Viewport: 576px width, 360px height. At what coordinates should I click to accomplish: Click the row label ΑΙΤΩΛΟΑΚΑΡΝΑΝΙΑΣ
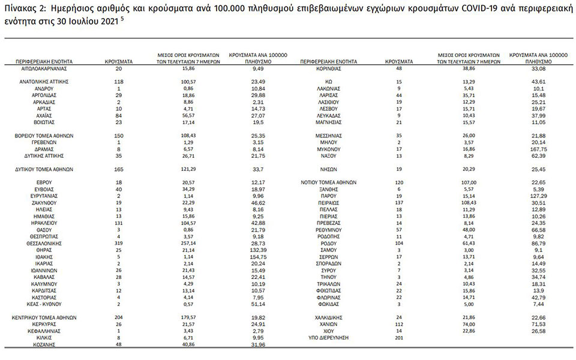click(45, 68)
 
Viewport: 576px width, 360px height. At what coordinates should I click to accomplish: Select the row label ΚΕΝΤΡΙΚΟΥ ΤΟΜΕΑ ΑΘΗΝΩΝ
click(45, 317)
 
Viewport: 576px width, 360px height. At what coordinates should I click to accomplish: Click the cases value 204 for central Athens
click(119, 317)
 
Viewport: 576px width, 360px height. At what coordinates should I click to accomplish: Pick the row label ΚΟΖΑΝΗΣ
click(45, 345)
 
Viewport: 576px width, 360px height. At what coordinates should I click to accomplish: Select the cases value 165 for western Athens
click(119, 169)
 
